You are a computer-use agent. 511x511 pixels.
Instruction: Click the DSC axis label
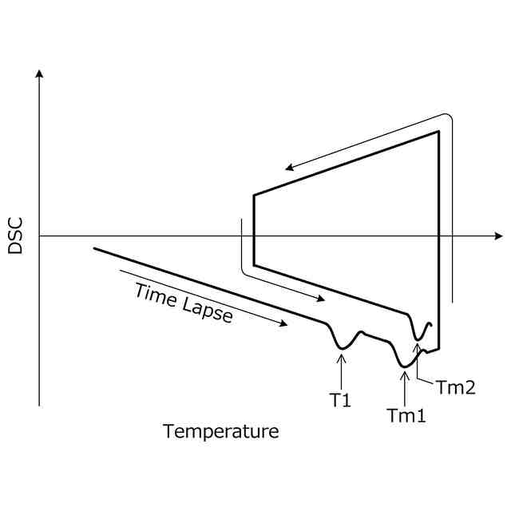[x=15, y=236]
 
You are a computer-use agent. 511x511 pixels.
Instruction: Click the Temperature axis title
[x=221, y=432]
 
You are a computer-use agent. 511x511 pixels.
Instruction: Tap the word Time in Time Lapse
[x=156, y=296]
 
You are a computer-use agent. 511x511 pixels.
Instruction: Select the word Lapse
[x=208, y=310]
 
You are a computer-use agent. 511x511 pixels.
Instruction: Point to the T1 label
[x=340, y=400]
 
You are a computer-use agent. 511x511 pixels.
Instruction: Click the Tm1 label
[x=406, y=415]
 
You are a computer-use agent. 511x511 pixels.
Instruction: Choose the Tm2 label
[x=456, y=388]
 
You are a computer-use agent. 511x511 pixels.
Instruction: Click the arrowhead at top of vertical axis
[x=39, y=73]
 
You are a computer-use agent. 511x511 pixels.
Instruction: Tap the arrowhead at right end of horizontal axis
[x=498, y=236]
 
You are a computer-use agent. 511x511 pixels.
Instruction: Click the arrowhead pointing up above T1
[x=342, y=358]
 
